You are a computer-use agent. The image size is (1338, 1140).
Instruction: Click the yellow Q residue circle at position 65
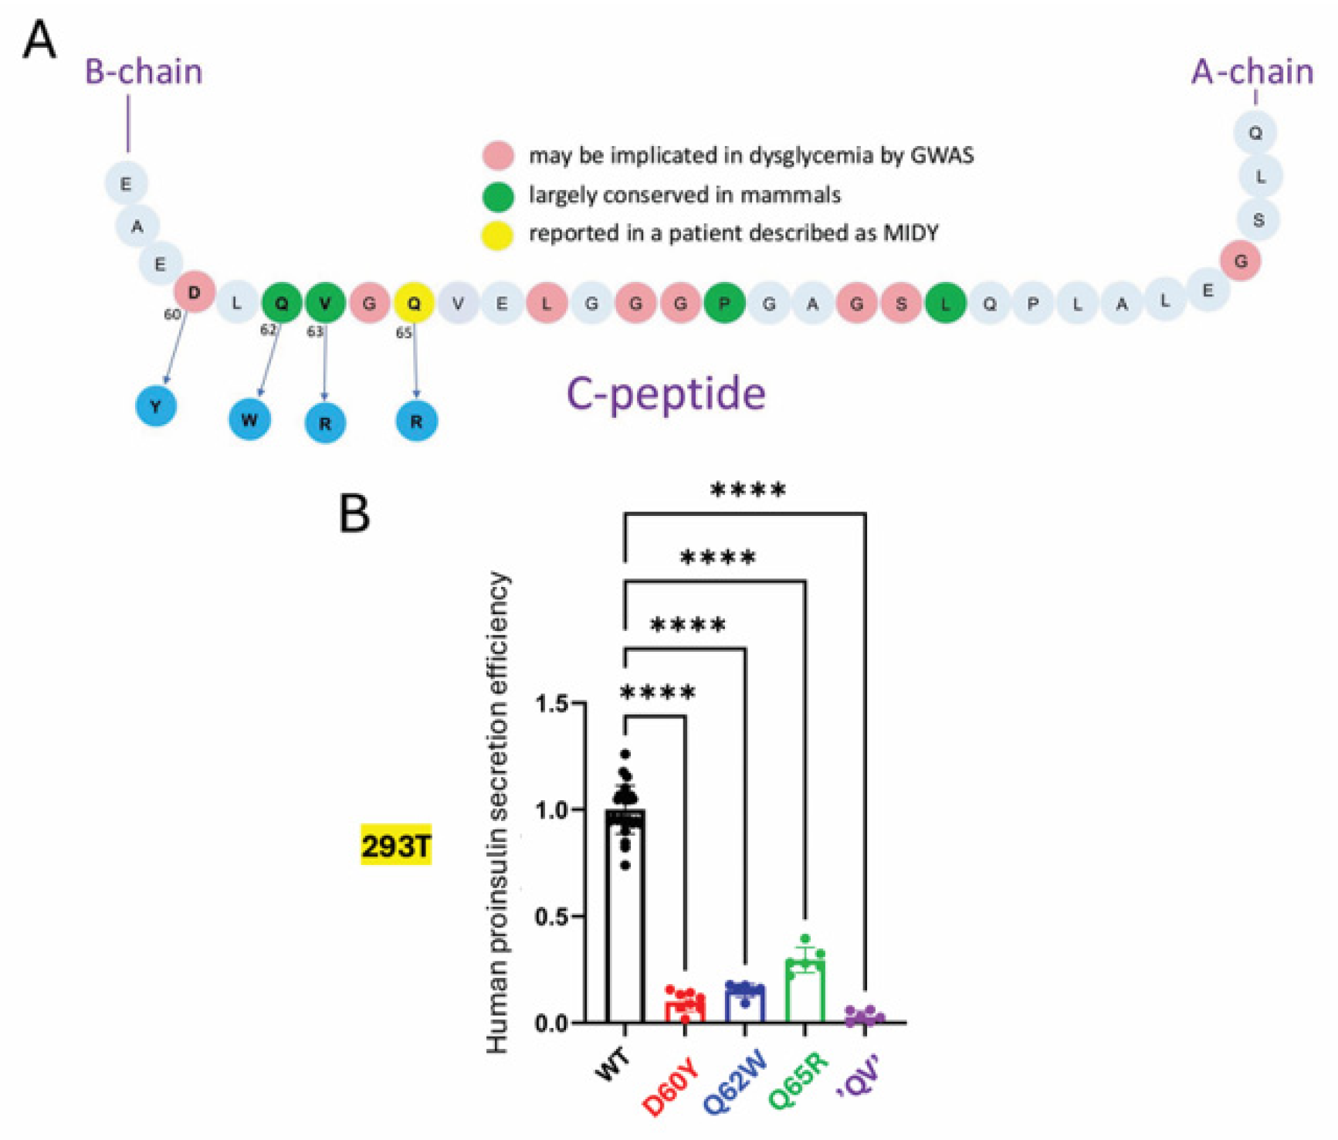point(415,304)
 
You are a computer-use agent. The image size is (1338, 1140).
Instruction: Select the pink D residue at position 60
point(194,293)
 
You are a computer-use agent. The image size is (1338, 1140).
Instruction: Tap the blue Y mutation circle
point(156,406)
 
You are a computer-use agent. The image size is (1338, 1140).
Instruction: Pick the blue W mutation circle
point(249,420)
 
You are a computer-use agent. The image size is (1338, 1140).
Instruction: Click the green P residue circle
point(724,303)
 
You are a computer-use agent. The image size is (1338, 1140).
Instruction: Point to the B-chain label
point(144,72)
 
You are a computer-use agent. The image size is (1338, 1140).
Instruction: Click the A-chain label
point(1252,72)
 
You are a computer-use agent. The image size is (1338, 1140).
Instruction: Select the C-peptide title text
point(666,394)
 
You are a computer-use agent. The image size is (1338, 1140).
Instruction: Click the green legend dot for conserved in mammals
point(498,196)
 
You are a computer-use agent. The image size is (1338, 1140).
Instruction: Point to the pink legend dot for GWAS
point(498,156)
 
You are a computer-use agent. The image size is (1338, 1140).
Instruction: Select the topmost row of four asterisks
point(747,490)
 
